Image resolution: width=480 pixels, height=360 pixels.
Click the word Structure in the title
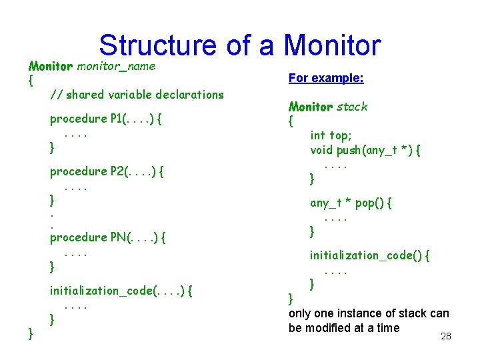(x=157, y=45)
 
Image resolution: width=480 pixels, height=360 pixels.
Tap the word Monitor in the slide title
(x=332, y=45)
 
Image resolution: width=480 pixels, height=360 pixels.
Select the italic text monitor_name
(x=116, y=66)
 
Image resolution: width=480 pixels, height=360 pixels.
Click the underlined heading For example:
(x=326, y=78)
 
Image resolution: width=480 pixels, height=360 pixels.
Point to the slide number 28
(x=446, y=337)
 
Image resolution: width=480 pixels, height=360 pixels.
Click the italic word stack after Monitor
(x=352, y=107)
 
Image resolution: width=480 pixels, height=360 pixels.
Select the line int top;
(x=330, y=135)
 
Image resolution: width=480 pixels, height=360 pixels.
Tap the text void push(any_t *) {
(x=365, y=150)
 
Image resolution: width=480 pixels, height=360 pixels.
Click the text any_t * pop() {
(x=351, y=203)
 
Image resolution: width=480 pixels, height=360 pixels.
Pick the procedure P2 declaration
(x=107, y=171)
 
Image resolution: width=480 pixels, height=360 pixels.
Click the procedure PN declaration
(x=108, y=237)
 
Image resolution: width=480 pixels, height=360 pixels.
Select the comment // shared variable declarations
(x=137, y=95)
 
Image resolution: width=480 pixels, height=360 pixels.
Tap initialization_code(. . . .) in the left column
(x=121, y=291)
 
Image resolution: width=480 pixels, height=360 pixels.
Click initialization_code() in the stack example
(x=369, y=255)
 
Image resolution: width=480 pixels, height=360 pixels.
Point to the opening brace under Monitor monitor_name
(x=30, y=81)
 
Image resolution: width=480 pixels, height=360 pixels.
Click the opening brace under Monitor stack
(x=291, y=121)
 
